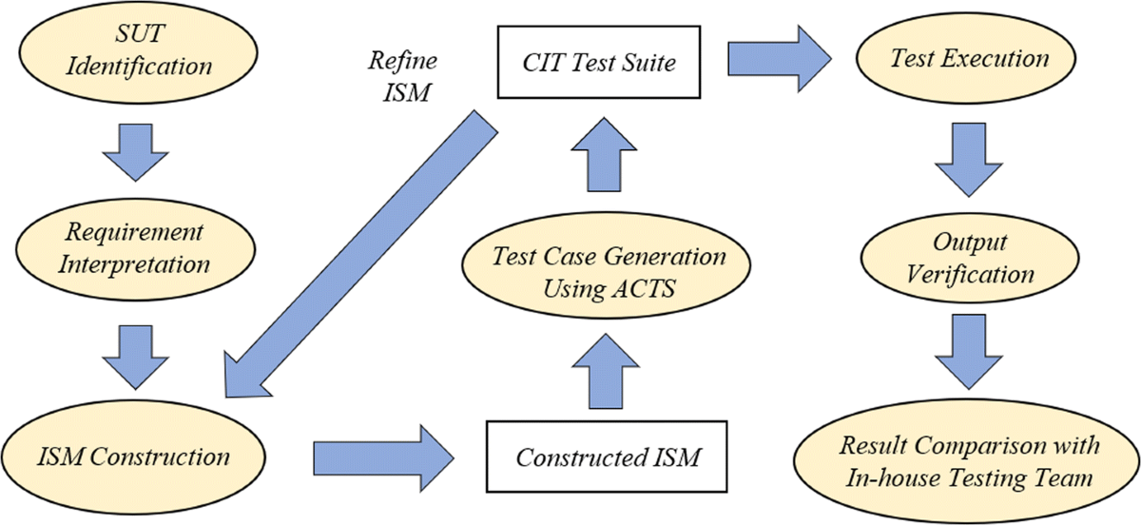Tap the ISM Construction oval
click(134, 457)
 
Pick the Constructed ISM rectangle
click(608, 457)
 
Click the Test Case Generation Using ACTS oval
click(609, 272)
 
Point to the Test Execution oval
click(969, 58)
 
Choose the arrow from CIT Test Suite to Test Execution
click(774, 59)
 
